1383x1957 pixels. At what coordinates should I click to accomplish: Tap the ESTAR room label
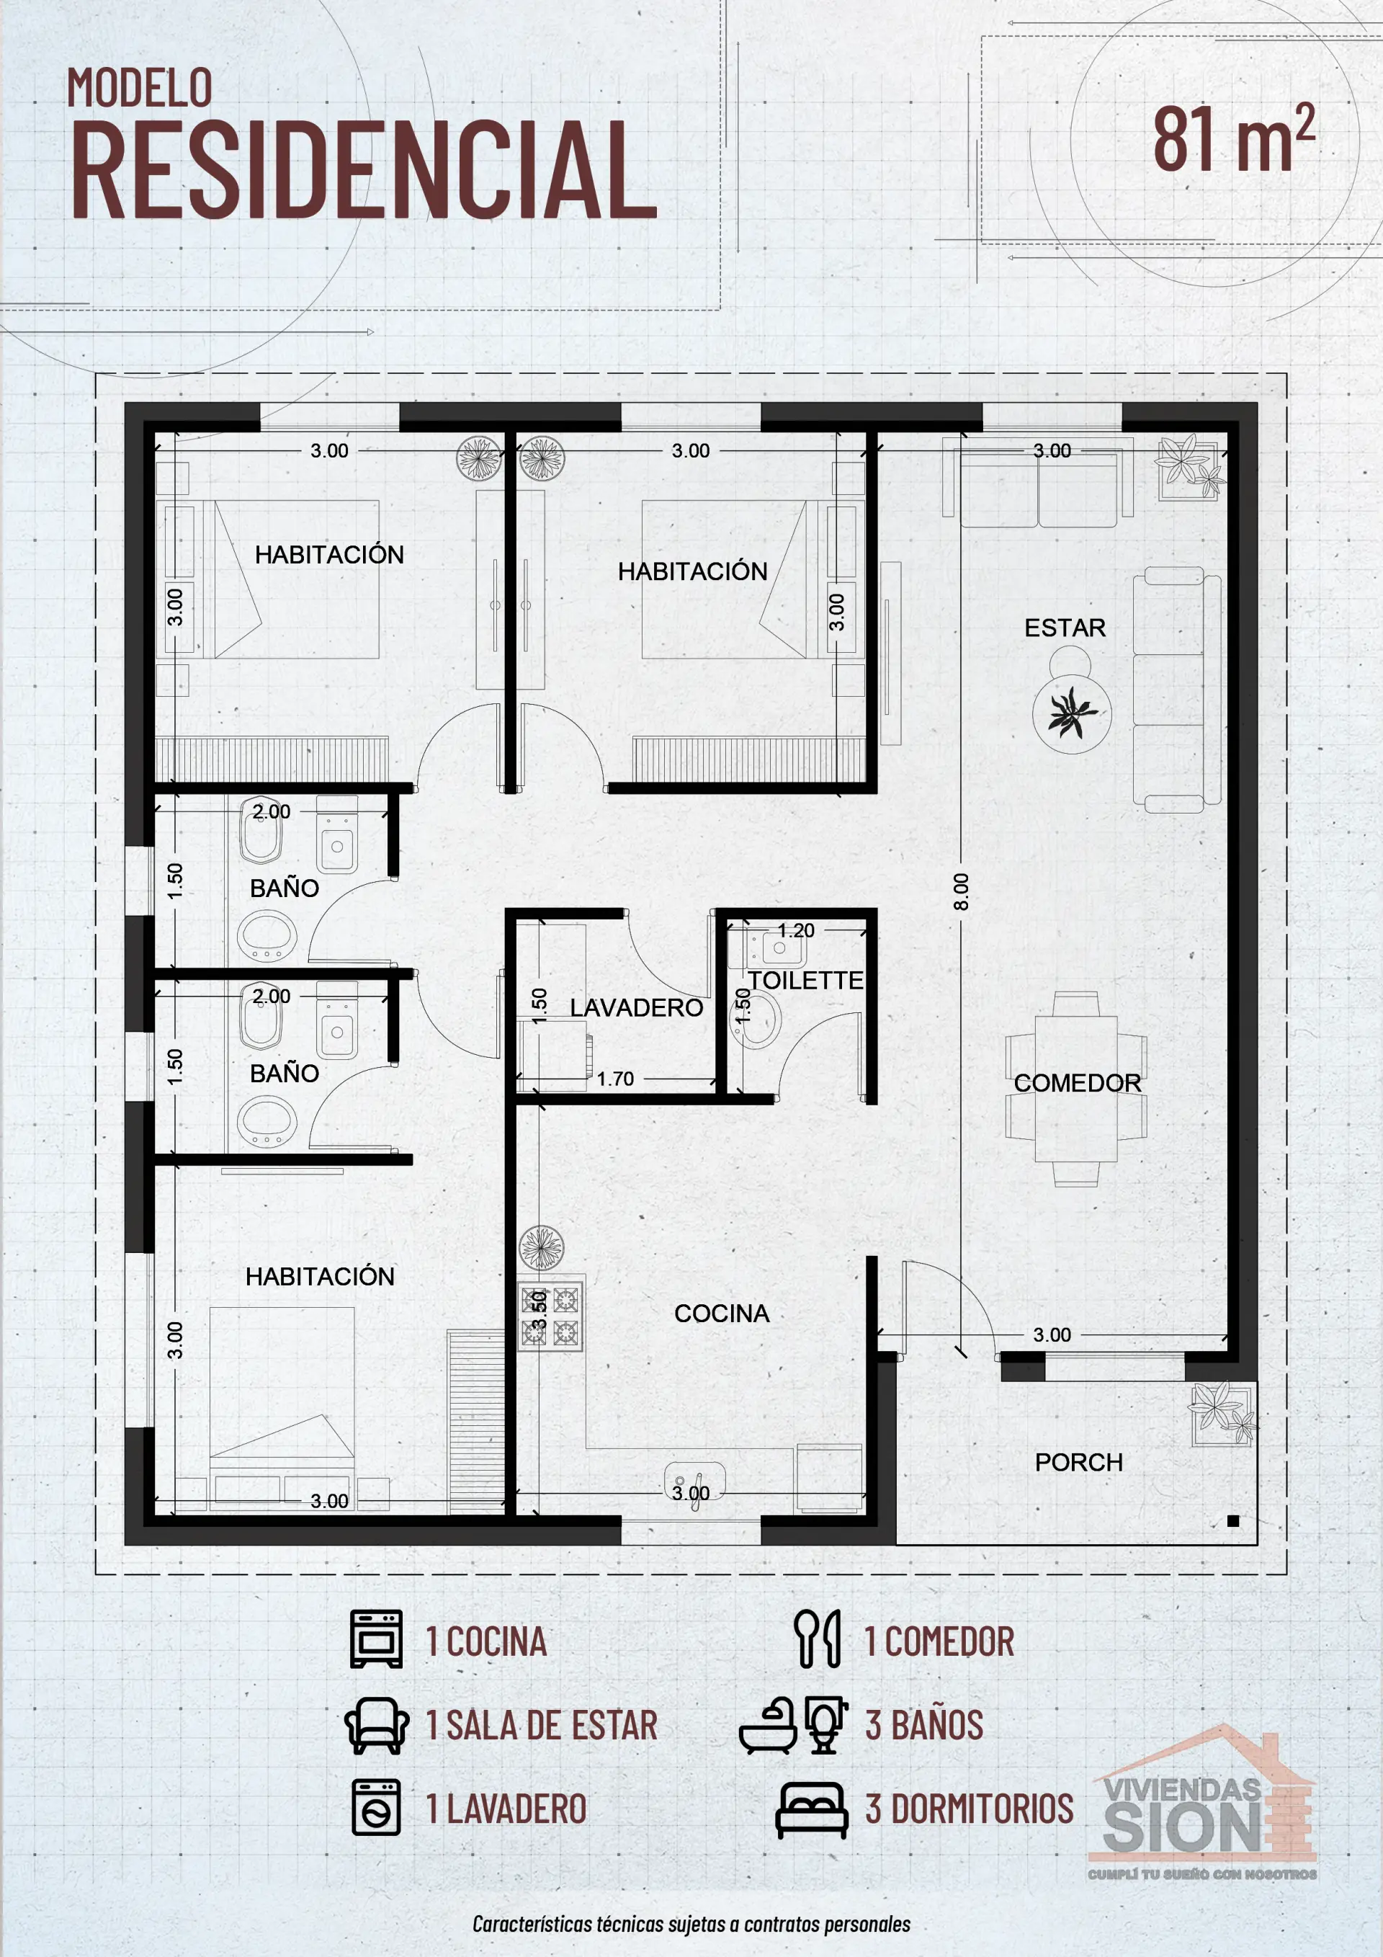tap(1065, 628)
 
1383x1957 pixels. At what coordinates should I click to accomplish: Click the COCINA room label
tap(722, 1314)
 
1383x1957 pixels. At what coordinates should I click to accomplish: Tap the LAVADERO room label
tap(636, 1007)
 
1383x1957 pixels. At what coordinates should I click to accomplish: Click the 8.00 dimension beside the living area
tap(961, 891)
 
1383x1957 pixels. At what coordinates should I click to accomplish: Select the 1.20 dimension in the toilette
tap(796, 931)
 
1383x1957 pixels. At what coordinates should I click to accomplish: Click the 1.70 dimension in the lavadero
tap(614, 1079)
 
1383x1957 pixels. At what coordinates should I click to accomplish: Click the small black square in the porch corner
tap(1232, 1520)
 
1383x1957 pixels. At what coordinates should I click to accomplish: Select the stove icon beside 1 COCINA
tap(376, 1639)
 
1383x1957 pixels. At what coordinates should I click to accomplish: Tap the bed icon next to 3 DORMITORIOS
tap(811, 1809)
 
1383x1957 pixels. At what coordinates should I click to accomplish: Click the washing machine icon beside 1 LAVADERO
tap(376, 1808)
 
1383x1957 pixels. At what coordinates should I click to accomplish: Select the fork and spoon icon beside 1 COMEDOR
tap(817, 1639)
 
